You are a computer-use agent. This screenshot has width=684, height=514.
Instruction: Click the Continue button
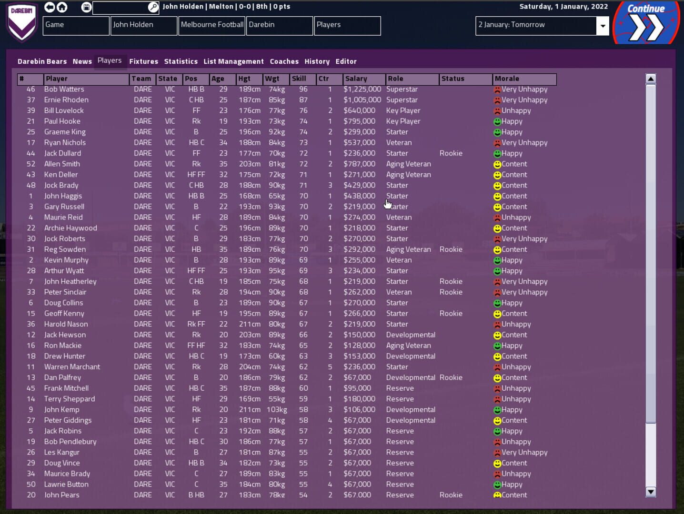tap(646, 22)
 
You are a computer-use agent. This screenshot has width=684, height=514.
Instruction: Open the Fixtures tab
tap(143, 61)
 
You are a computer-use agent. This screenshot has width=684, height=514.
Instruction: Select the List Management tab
tap(233, 61)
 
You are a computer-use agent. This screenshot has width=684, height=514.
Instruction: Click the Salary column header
tap(363, 79)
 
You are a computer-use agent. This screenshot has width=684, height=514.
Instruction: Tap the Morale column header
tap(524, 79)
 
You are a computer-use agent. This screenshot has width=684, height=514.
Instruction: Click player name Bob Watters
tap(64, 89)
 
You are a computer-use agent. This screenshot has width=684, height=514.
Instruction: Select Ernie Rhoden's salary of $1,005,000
tap(362, 100)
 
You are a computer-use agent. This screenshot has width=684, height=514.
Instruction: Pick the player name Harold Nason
tap(66, 324)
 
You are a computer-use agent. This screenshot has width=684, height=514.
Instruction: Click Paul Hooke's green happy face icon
tap(497, 121)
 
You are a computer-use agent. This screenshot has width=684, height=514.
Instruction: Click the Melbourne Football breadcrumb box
tap(212, 25)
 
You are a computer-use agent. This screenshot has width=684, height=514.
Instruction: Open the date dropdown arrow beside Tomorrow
tap(603, 26)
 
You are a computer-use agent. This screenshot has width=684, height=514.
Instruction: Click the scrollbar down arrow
tap(651, 492)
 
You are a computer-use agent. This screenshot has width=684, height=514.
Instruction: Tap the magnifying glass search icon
tap(153, 7)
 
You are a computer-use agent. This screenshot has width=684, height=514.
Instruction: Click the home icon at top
tap(62, 7)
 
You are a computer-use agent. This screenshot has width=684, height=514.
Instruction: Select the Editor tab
tap(346, 61)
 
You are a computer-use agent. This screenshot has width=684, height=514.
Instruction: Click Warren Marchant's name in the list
tap(72, 367)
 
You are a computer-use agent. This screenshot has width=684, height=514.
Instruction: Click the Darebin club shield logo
tap(22, 22)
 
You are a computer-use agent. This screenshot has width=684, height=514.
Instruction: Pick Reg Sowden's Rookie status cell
tap(451, 249)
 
